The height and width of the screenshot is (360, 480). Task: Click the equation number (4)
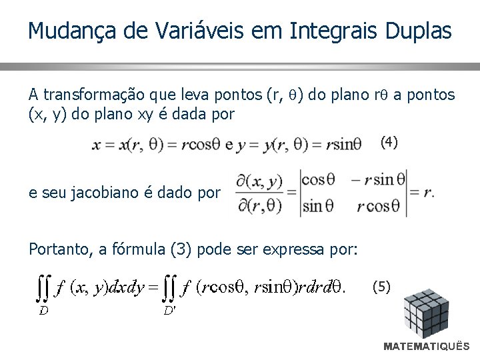click(389, 141)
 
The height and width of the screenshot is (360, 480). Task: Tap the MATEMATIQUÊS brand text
click(427, 347)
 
